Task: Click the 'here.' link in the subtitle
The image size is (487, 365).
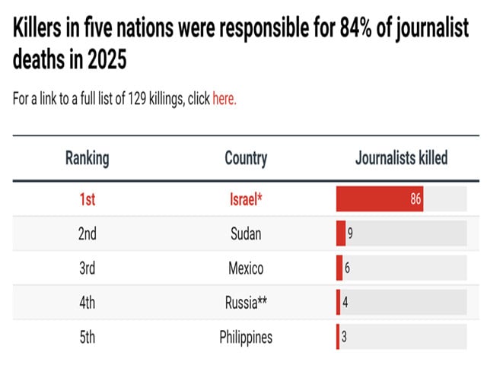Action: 224,100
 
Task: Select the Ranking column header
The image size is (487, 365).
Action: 87,158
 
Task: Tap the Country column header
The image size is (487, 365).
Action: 246,158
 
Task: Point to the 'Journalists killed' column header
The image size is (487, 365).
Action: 401,158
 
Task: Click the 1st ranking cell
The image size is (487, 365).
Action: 87,200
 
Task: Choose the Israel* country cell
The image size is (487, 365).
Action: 246,200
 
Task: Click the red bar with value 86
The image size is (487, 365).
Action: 380,200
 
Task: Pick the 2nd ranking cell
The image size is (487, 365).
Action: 87,234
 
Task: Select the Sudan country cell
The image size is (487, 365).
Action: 246,234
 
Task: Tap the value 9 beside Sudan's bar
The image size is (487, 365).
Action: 350,234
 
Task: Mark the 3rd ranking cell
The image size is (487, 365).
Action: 87,268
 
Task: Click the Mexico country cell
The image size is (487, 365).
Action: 246,268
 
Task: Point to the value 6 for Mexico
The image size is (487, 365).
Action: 347,268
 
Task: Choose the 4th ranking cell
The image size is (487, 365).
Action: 87,303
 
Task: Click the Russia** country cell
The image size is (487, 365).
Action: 246,303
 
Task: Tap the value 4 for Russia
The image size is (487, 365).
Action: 345,303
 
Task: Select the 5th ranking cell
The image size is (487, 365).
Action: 87,337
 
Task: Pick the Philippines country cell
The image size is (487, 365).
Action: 246,337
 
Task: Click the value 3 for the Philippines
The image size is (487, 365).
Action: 345,337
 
